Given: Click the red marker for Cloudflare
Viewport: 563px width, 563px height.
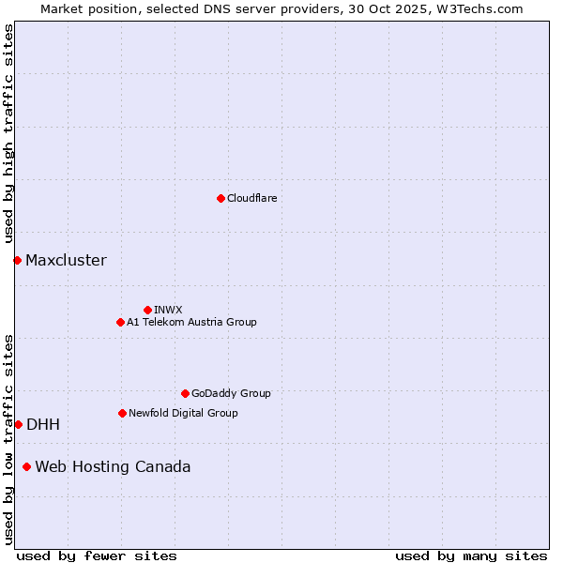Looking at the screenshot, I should click(221, 198).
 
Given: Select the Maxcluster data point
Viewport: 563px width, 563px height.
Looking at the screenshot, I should click(17, 260).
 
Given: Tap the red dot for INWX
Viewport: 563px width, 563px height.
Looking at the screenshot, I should click(147, 310).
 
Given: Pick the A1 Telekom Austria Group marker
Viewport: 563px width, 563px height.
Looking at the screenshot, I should click(120, 322).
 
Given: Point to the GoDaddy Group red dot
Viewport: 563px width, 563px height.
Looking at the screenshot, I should click(185, 393).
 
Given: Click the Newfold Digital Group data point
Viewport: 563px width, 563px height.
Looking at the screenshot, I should click(122, 413).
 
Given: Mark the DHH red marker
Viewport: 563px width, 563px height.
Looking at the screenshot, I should click(18, 424).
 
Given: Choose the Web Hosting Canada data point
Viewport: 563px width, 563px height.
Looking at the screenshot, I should click(26, 466).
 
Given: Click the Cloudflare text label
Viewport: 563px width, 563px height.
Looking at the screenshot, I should click(251, 198).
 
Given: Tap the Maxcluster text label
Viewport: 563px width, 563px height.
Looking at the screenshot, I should click(66, 261).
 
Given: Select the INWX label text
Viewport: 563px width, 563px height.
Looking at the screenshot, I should click(168, 310).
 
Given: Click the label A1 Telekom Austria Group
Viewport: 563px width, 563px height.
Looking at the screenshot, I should click(191, 322).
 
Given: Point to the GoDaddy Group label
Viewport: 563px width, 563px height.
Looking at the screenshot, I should click(231, 393).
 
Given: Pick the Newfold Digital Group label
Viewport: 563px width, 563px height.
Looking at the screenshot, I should click(183, 413).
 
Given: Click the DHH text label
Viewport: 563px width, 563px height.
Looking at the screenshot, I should click(43, 425).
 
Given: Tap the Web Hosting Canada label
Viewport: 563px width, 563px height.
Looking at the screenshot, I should click(113, 467).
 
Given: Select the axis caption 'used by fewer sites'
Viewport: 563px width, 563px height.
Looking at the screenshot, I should click(97, 555).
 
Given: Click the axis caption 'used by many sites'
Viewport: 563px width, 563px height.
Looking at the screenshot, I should click(471, 555).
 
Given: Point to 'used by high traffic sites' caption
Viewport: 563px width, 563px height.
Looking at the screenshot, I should click(9, 134).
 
